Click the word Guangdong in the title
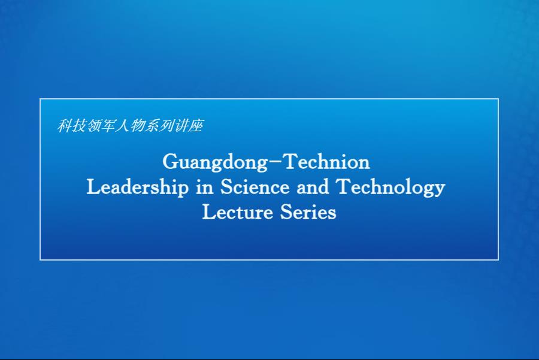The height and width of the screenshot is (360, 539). click(x=215, y=162)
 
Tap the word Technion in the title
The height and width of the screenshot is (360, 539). click(x=328, y=161)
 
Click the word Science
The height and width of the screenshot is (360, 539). click(x=255, y=187)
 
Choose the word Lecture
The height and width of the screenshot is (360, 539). click(x=237, y=212)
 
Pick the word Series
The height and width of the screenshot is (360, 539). click(x=308, y=212)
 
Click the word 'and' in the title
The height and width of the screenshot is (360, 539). click(x=313, y=187)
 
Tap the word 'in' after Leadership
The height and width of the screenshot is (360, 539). click(x=205, y=187)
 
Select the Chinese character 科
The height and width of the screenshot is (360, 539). click(x=64, y=126)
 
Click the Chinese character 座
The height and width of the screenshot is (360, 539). click(x=196, y=126)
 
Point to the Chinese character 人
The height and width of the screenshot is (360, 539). click(x=122, y=126)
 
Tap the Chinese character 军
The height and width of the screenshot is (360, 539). click(x=108, y=126)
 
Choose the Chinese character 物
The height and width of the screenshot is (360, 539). click(x=137, y=126)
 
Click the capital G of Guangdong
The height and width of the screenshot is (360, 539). click(x=170, y=161)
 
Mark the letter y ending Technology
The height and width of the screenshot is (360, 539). click(x=439, y=190)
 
